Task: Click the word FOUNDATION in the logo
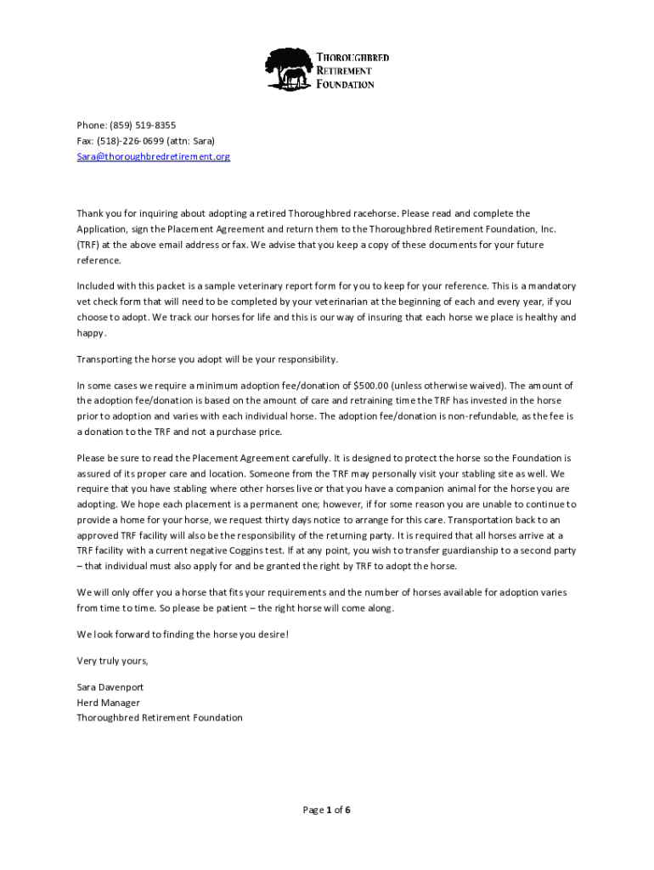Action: [345, 84]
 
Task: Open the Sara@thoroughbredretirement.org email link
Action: [153, 157]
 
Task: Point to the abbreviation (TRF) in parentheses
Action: [89, 245]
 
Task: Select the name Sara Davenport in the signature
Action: [110, 686]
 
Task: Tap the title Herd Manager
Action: [108, 702]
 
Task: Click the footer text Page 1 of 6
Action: [327, 810]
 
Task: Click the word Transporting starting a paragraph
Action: [106, 359]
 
